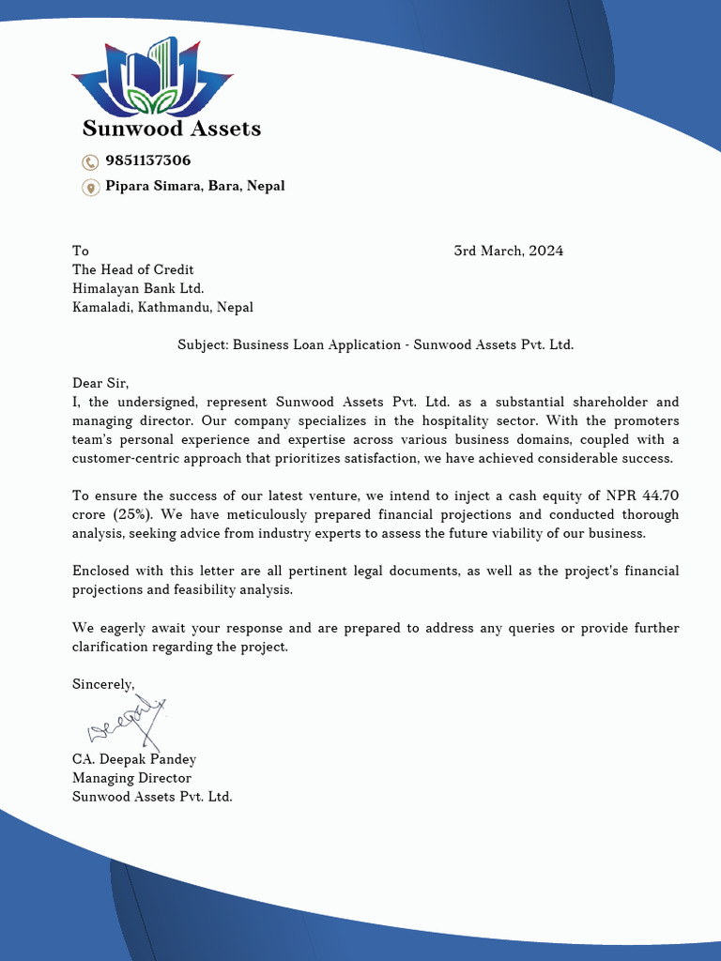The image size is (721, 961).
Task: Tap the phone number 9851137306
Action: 147,160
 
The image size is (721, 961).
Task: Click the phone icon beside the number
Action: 90,161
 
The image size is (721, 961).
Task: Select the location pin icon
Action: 90,187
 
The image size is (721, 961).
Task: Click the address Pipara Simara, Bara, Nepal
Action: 194,186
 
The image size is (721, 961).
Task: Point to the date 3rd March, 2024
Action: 508,251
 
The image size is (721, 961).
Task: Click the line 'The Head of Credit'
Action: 132,269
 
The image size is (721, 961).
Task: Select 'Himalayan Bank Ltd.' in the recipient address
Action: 138,288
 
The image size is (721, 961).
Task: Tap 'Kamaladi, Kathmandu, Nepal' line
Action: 162,307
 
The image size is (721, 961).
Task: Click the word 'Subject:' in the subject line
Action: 203,344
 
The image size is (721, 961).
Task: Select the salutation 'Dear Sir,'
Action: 100,383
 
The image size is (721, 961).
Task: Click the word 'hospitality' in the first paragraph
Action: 466,420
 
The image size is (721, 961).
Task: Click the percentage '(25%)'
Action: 131,514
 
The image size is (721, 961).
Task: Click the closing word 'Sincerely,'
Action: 103,684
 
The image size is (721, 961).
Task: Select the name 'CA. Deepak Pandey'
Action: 133,759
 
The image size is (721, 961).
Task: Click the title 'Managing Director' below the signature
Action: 131,778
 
